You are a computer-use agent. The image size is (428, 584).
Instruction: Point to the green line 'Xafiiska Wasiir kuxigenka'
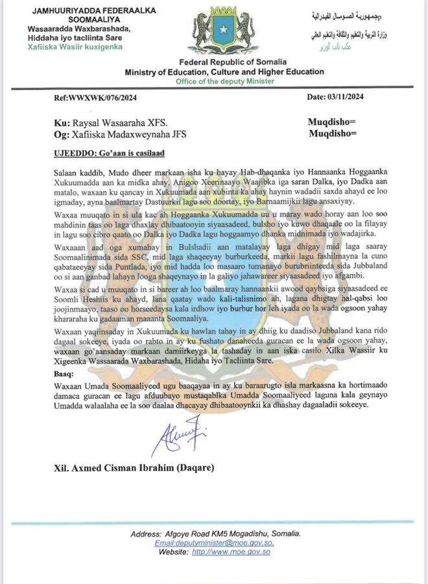75,47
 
